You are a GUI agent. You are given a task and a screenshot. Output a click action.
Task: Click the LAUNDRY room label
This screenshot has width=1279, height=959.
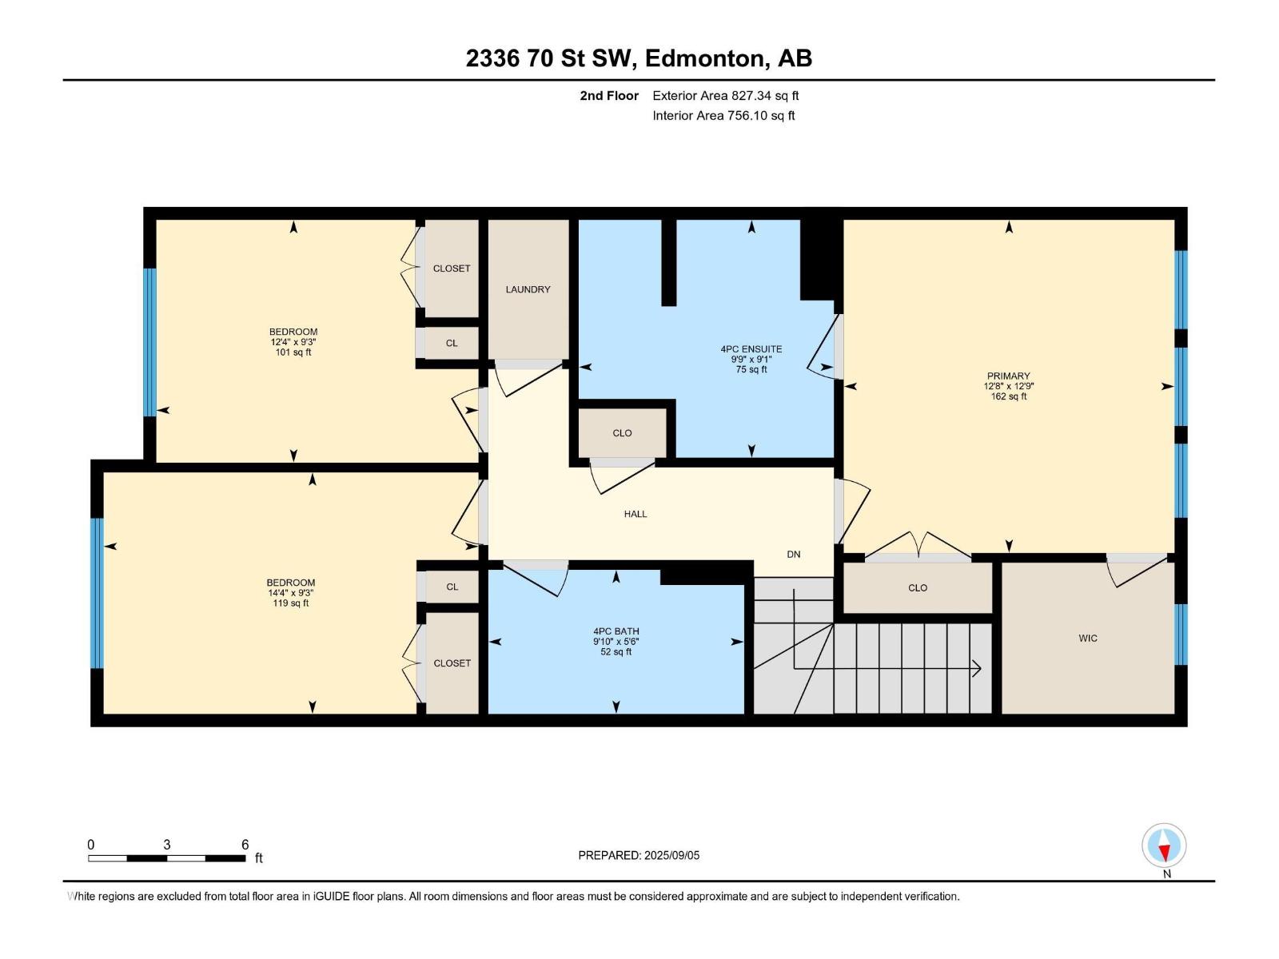[x=528, y=289]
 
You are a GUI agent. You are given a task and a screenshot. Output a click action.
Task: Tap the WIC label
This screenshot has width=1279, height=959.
[x=1087, y=638]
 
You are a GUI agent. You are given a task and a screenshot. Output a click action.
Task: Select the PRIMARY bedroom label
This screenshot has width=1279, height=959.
[x=1008, y=376]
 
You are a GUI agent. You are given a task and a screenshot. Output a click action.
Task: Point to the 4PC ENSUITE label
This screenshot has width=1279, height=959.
[x=751, y=349]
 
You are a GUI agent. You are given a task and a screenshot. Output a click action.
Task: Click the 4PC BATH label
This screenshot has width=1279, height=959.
[x=616, y=631]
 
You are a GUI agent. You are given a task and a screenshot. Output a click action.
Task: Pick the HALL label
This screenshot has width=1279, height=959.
[x=636, y=514]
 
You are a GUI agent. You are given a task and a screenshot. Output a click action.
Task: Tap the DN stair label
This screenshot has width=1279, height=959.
[x=793, y=554]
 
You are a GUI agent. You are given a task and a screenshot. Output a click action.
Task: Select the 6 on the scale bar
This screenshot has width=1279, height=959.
[x=245, y=845]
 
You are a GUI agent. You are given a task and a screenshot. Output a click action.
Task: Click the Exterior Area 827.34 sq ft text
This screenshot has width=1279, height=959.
[x=725, y=96]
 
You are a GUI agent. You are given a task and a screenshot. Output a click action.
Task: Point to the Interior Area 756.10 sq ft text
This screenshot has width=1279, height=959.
[x=723, y=116]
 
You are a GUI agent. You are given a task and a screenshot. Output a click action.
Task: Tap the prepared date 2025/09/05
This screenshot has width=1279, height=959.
[x=671, y=855]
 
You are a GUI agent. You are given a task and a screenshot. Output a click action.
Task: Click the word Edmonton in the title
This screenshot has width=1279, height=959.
[x=703, y=58]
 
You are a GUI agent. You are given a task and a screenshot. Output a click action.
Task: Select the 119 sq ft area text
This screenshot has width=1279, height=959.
[x=290, y=603]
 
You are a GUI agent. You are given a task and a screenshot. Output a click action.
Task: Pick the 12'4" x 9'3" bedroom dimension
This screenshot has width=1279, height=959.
[x=293, y=342]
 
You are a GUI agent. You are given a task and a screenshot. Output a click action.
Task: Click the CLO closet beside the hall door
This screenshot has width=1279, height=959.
[x=622, y=433]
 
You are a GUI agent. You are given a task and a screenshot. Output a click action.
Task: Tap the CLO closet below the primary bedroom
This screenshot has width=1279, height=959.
[x=917, y=587]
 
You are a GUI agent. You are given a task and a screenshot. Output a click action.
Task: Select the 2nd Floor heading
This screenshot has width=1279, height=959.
[x=609, y=96]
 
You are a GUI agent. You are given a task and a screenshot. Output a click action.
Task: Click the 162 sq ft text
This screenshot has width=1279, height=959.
[x=1008, y=396]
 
